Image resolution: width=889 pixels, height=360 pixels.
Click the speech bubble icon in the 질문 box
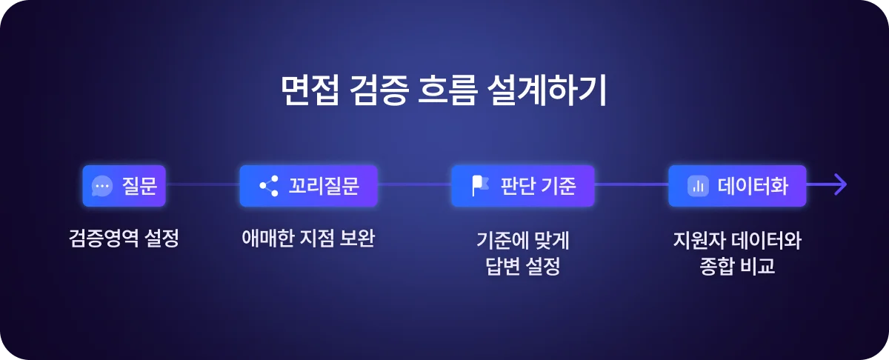pos(102,186)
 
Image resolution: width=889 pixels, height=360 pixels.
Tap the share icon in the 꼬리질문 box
pos(268,186)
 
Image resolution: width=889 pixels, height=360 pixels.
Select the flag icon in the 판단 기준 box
pos(480,186)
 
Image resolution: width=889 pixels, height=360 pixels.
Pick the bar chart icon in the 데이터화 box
pos(696,186)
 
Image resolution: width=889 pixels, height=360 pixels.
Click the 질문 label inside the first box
pos(139,186)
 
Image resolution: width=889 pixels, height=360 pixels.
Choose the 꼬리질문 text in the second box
pos(323,186)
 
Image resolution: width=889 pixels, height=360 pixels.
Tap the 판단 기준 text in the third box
pos(538,186)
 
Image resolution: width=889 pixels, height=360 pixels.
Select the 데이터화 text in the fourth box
pos(752,186)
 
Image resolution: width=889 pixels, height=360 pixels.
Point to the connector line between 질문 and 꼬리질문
pos(202,184)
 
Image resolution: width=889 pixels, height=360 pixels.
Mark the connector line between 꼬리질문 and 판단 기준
pos(414,184)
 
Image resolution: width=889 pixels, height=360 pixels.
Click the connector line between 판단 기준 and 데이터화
pos(631,184)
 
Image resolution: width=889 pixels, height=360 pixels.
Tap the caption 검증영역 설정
pos(124,239)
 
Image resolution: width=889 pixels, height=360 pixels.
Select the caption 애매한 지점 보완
pos(308,239)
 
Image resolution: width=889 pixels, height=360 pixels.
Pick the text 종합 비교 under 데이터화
pos(737,265)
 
